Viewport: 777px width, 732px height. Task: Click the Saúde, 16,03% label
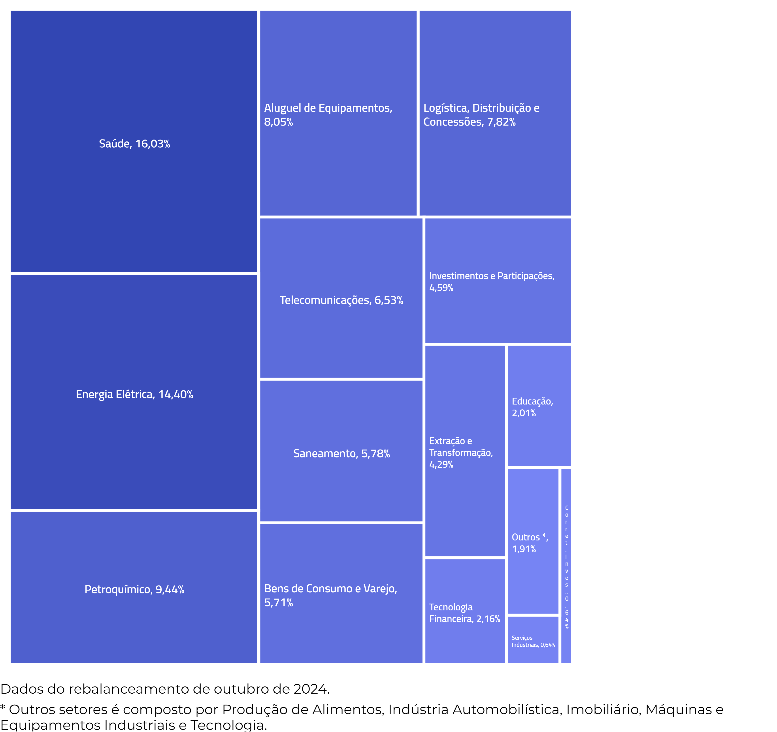point(134,144)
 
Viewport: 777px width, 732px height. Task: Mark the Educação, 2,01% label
point(532,407)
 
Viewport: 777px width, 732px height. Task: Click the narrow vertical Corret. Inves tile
point(566,567)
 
